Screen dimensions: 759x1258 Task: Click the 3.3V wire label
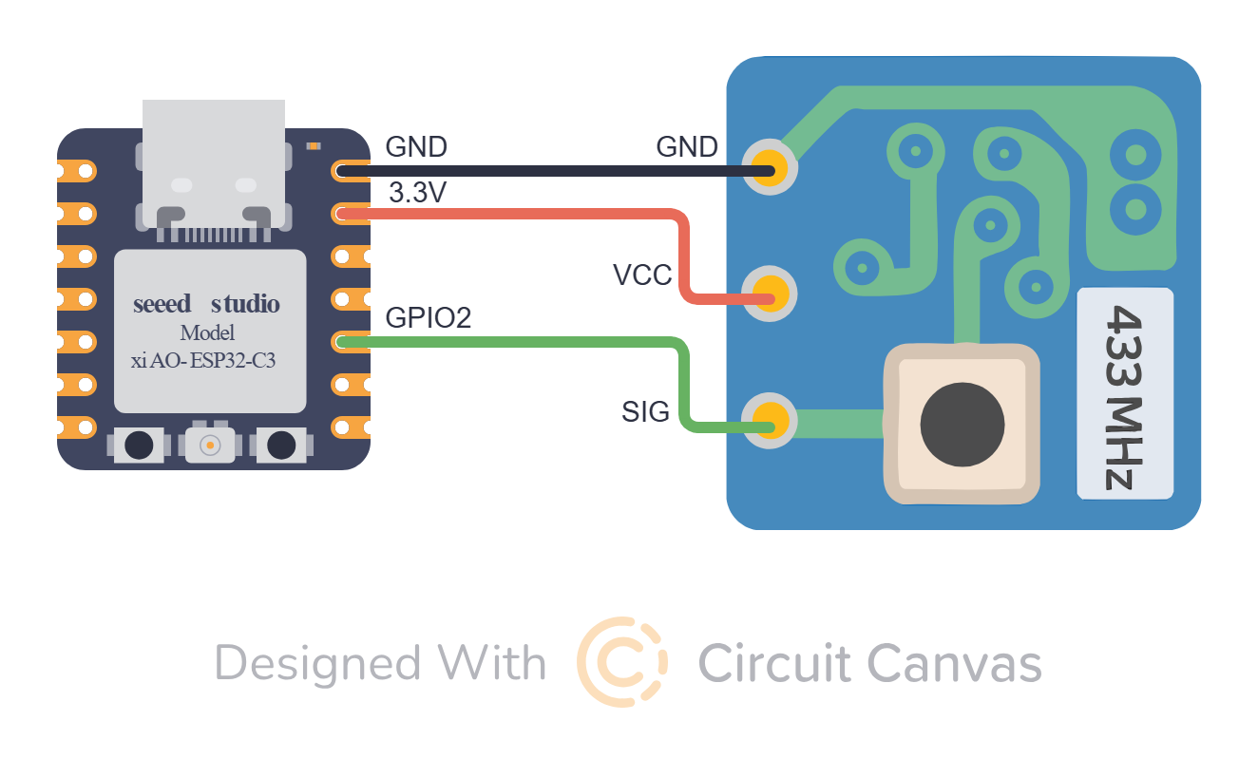point(417,193)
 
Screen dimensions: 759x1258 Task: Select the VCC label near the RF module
point(642,275)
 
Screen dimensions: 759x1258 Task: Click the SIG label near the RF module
point(646,411)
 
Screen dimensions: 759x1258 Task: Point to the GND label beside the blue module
point(687,147)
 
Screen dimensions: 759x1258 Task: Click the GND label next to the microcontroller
point(416,147)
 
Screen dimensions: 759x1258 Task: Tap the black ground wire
point(551,171)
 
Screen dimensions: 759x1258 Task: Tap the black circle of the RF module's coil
point(962,424)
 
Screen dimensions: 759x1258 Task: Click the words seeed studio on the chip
point(206,304)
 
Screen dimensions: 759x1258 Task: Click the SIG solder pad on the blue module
point(770,418)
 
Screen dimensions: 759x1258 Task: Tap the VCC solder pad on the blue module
point(770,290)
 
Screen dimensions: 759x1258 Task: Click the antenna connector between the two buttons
point(209,444)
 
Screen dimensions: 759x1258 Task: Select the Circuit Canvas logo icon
point(622,662)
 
